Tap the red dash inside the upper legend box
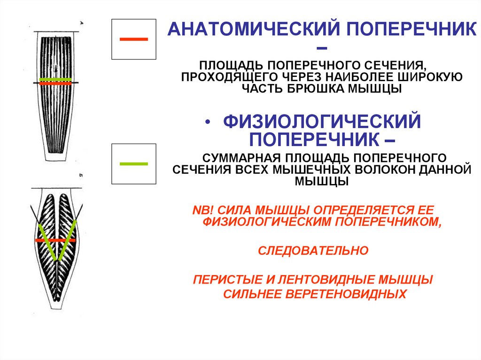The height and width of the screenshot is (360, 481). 134,39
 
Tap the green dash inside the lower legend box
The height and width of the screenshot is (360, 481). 134,163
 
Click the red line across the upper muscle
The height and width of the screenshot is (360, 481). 55,84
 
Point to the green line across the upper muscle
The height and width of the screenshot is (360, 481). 55,79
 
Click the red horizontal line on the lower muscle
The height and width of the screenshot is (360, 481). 55,240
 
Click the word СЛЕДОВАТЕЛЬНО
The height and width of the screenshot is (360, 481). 313,251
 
